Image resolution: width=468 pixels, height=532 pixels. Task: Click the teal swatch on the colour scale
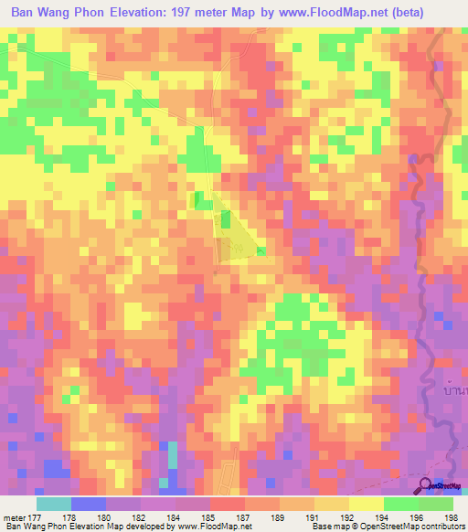coord(54,503)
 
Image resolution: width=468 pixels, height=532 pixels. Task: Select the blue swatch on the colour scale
coord(89,503)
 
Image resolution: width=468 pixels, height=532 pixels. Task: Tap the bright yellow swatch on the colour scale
coord(366,503)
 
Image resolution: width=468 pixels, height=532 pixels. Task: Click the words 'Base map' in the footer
coord(329,526)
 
